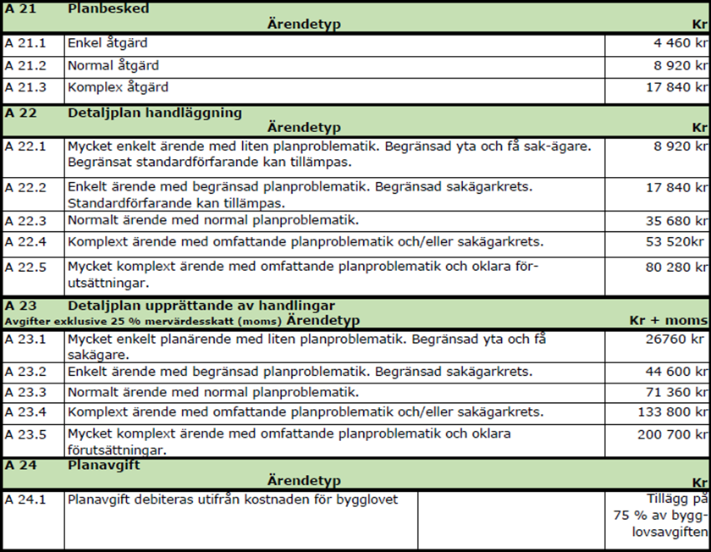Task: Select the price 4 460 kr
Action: [675, 43]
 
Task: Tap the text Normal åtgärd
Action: [113, 65]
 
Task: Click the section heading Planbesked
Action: [108, 8]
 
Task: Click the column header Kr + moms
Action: [668, 321]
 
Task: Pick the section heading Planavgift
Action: [104, 466]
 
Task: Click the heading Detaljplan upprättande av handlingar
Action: [201, 305]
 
